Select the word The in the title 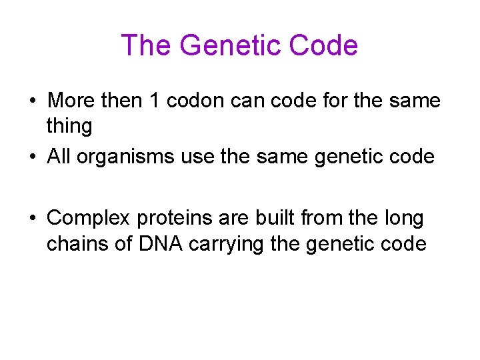[147, 45]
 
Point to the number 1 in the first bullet [153, 101]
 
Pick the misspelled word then [123, 101]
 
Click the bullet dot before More [32, 101]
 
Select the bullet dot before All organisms [32, 157]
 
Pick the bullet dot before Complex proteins [32, 218]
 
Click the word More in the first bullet [72, 101]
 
